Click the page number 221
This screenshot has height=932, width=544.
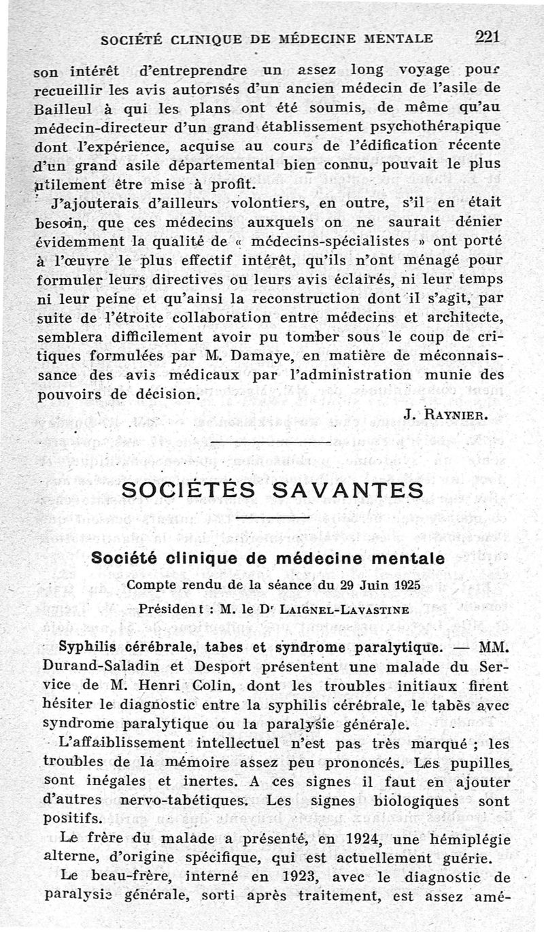click(488, 37)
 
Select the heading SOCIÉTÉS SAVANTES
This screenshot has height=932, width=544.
click(272, 489)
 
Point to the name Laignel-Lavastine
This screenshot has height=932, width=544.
click(354, 610)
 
